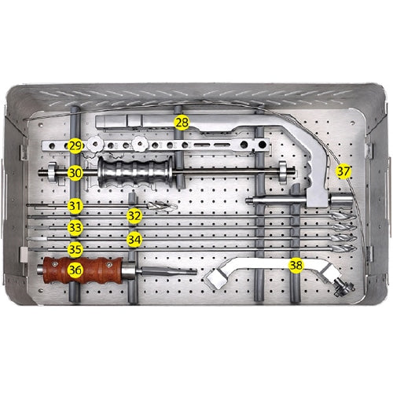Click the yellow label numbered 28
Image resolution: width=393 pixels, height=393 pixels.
tap(182, 122)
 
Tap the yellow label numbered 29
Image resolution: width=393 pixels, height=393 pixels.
tap(75, 146)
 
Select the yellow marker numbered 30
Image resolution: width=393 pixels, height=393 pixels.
tap(75, 171)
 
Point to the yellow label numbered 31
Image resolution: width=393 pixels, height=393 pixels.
tap(75, 206)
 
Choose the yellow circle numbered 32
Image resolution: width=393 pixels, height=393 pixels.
tap(134, 215)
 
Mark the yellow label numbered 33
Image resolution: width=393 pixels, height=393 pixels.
tap(75, 227)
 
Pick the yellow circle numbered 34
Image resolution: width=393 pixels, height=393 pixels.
tap(134, 237)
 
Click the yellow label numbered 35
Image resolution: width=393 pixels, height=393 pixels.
tap(75, 249)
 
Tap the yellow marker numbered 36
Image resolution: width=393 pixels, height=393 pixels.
tap(75, 270)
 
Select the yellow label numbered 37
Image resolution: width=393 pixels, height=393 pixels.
tap(343, 171)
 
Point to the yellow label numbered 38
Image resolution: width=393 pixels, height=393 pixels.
tap(296, 265)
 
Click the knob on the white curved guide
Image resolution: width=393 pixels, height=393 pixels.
tap(340, 288)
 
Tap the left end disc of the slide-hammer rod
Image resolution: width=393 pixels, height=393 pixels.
tap(52, 171)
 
